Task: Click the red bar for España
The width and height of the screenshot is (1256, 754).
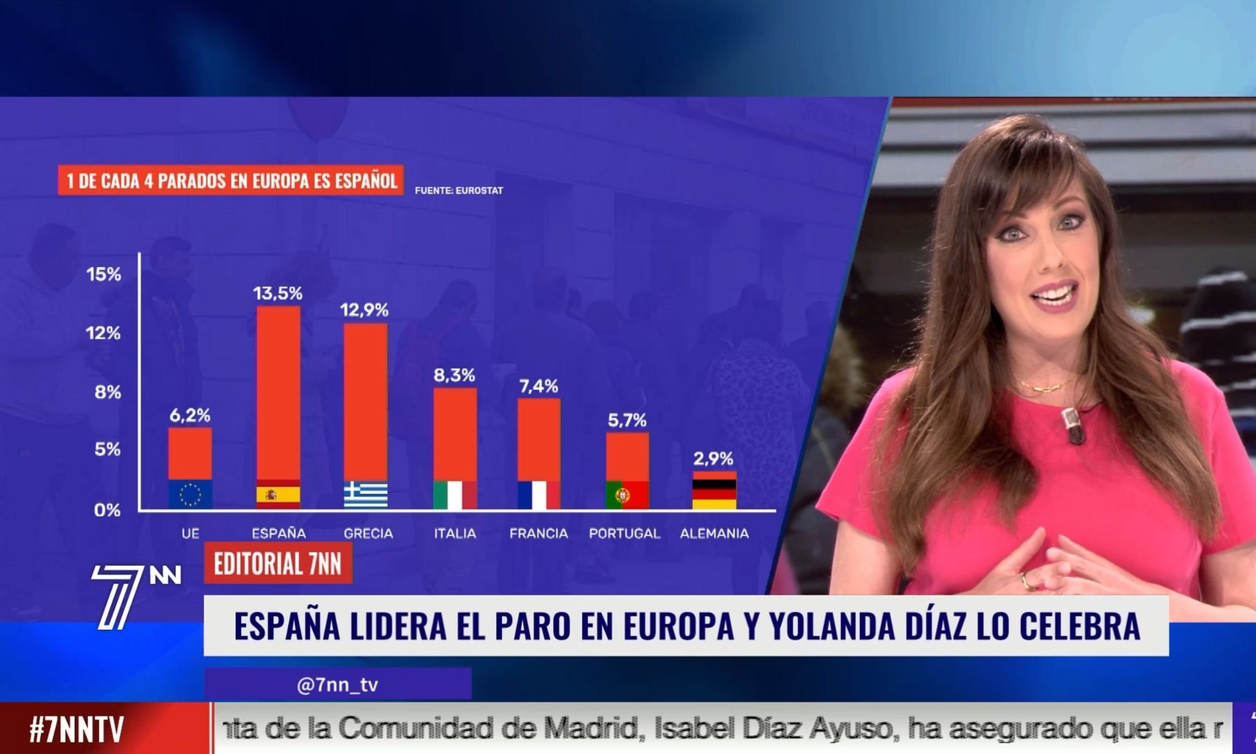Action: click(278, 393)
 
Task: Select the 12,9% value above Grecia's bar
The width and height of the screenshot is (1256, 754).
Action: click(364, 310)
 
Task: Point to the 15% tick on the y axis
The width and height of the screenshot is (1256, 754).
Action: click(104, 275)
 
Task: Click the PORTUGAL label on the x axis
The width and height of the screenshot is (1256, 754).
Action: click(624, 533)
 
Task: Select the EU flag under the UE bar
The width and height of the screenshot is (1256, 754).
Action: click(190, 494)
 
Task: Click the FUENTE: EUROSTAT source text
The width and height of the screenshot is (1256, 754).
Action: click(458, 190)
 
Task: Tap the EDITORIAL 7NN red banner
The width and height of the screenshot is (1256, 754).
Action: click(278, 564)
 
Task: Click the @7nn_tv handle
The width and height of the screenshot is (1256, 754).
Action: click(337, 684)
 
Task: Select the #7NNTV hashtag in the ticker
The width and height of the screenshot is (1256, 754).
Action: click(77, 729)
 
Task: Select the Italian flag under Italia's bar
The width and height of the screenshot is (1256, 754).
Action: click(455, 494)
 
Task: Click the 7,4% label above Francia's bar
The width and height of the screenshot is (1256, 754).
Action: click(539, 386)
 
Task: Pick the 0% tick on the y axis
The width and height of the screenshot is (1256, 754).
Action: click(107, 510)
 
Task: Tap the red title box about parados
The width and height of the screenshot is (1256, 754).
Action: click(231, 181)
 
